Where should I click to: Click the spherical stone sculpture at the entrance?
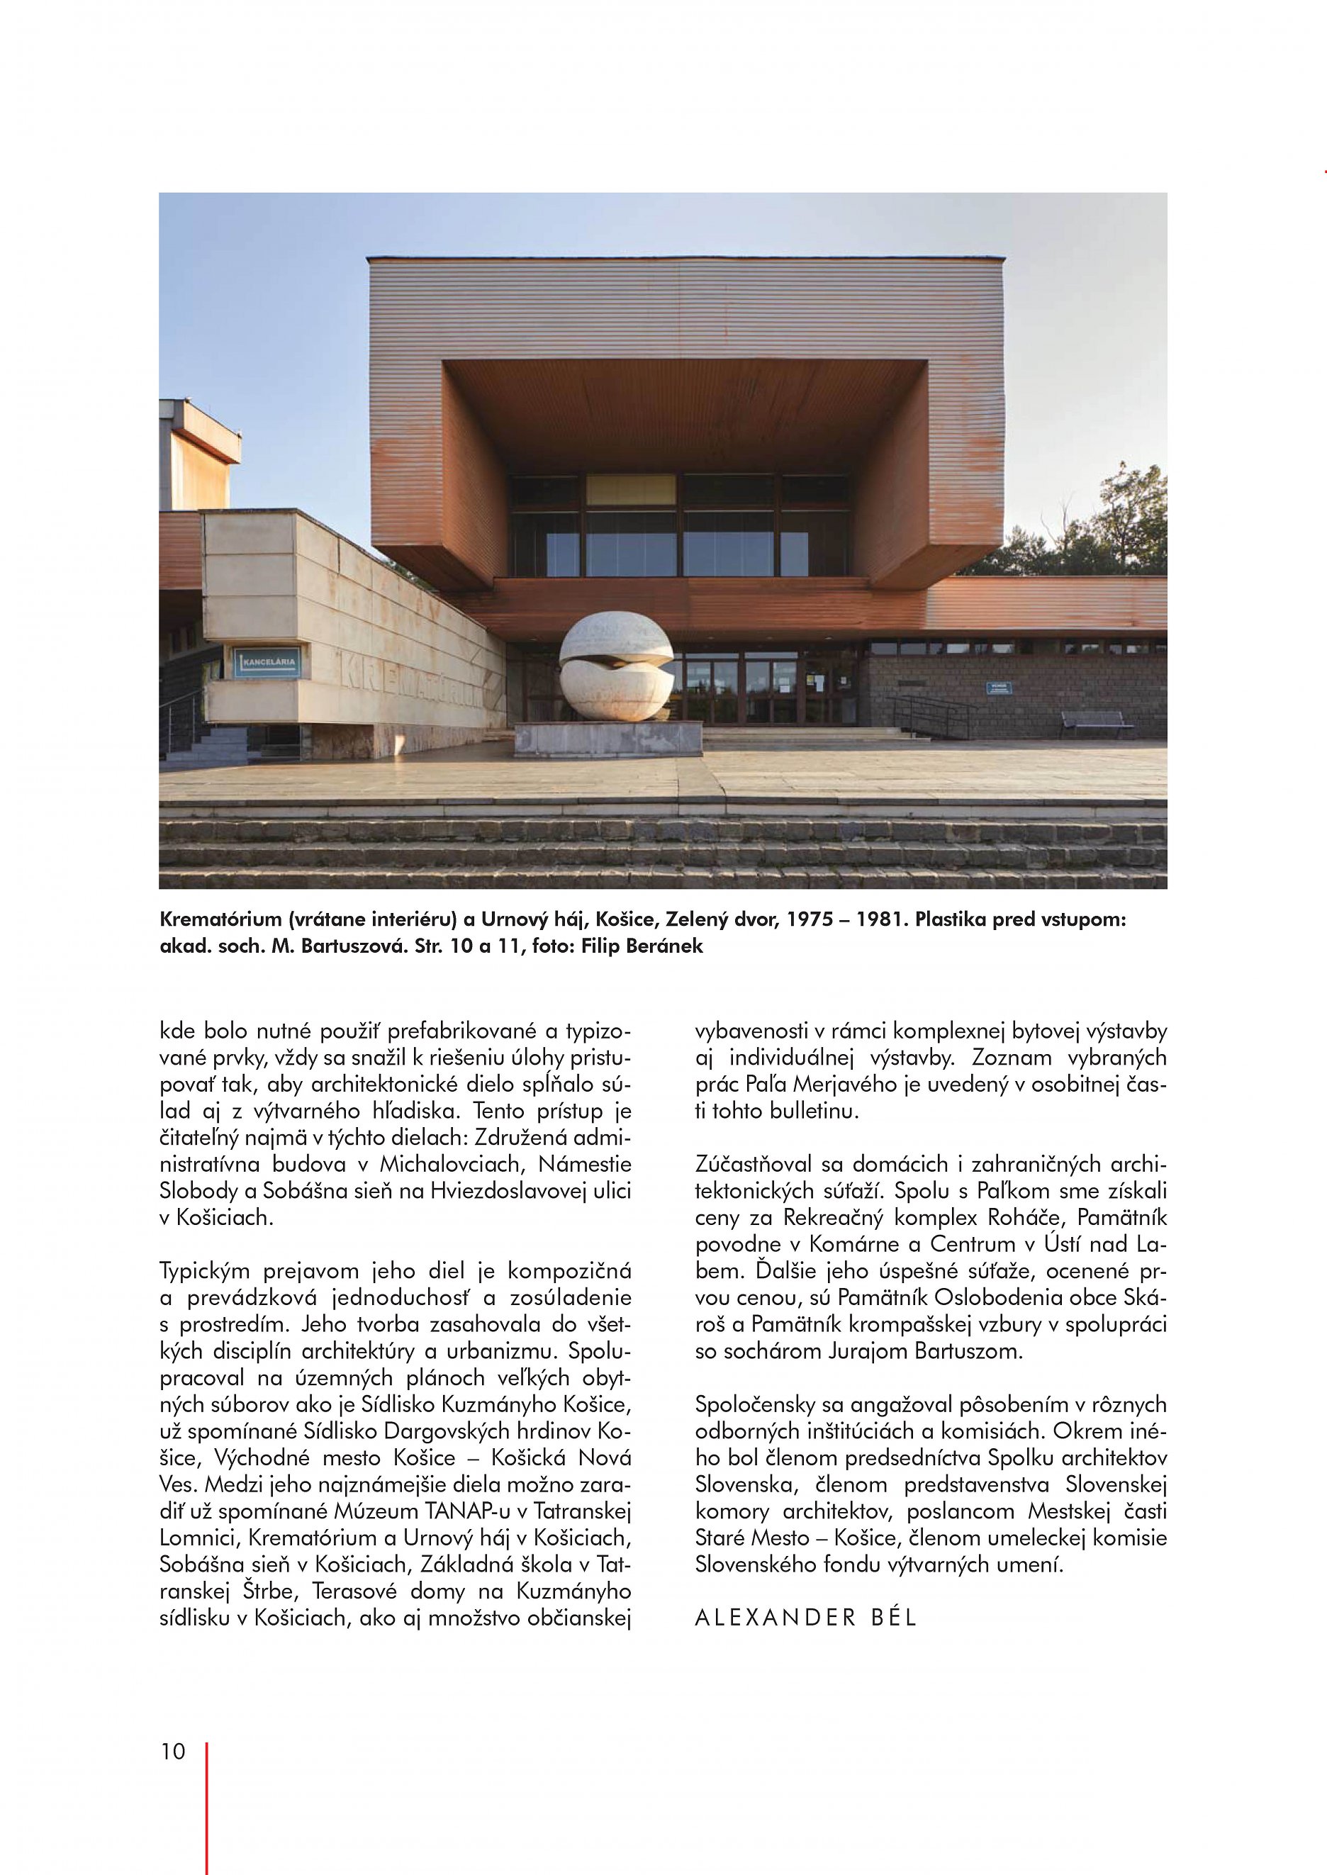pos(616,669)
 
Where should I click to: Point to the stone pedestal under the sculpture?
pos(608,739)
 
